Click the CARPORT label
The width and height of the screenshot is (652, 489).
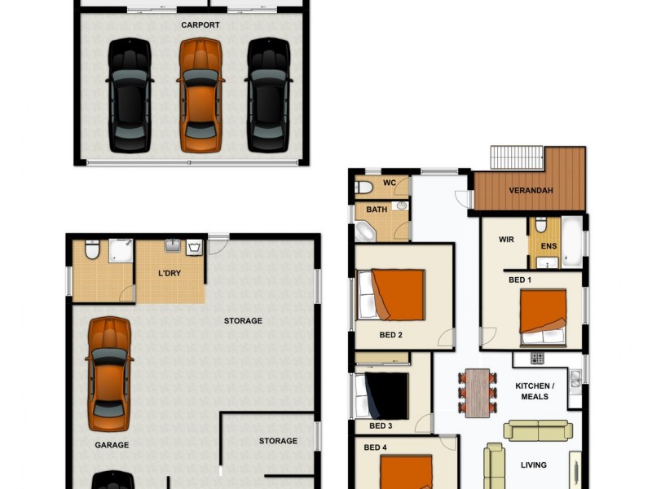200,25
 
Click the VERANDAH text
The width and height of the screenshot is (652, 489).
531,191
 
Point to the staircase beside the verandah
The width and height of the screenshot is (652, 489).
517,156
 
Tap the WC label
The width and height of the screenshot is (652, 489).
390,183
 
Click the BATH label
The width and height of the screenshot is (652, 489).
377,209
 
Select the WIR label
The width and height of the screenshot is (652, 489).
506,240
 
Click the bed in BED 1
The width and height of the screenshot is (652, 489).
543,318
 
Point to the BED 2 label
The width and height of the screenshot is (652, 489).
390,335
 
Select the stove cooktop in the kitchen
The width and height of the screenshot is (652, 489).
537,358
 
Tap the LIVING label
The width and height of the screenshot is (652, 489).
534,465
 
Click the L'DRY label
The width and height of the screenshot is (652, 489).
170,273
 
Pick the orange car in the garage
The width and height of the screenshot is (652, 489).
108,373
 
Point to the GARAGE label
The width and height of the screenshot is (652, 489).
111,446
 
